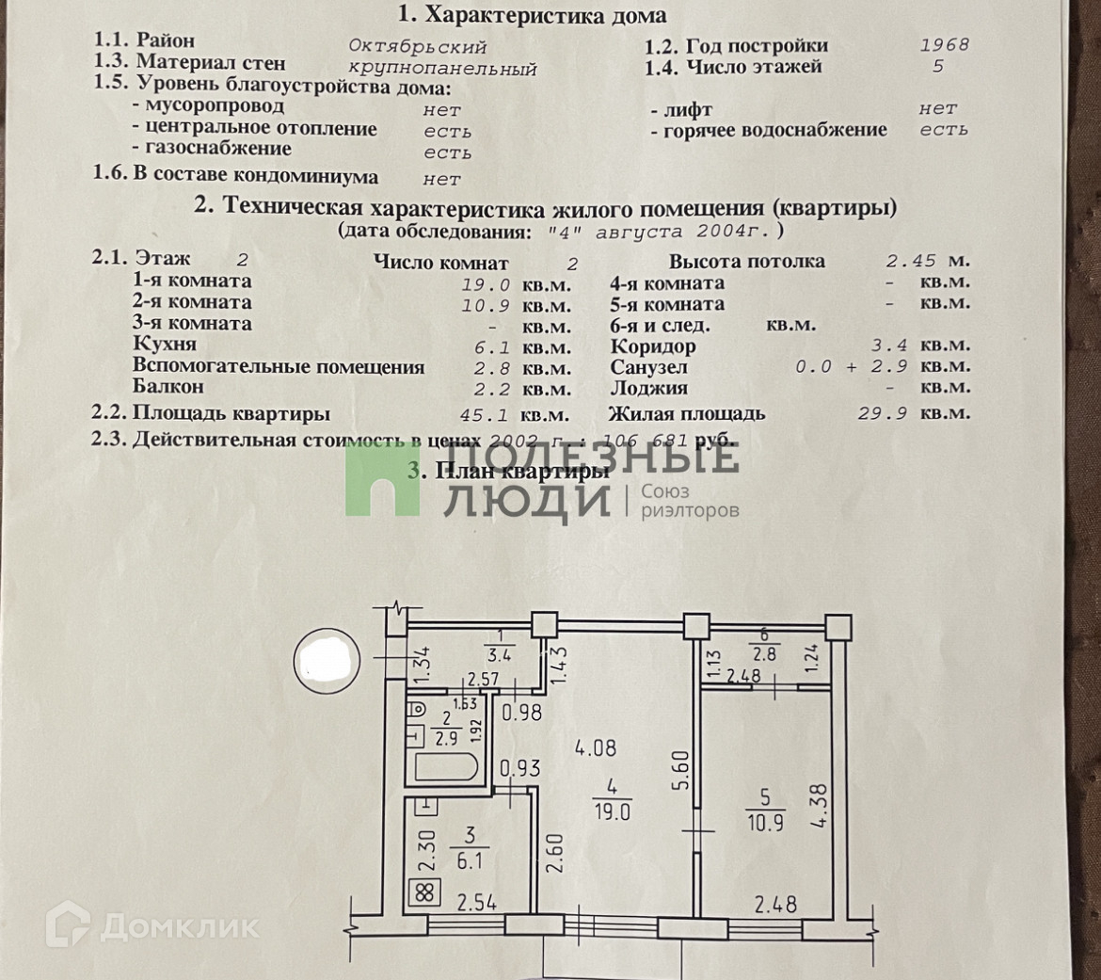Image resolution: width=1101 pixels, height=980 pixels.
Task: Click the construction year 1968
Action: click(944, 44)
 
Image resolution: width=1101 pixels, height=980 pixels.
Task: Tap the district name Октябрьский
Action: click(417, 45)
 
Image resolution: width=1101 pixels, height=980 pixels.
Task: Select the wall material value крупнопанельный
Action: click(442, 69)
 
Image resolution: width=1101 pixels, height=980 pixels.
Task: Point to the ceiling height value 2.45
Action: click(911, 261)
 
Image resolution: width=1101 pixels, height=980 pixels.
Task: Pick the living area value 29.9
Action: click(882, 412)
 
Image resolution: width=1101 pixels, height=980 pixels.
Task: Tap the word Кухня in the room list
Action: click(165, 345)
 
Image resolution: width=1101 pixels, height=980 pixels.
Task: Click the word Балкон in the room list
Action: click(168, 386)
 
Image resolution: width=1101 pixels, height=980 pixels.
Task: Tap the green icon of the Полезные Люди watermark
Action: click(381, 480)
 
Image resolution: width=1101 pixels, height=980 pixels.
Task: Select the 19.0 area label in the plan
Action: click(612, 811)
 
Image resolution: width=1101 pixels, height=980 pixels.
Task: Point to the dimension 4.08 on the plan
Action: click(598, 749)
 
